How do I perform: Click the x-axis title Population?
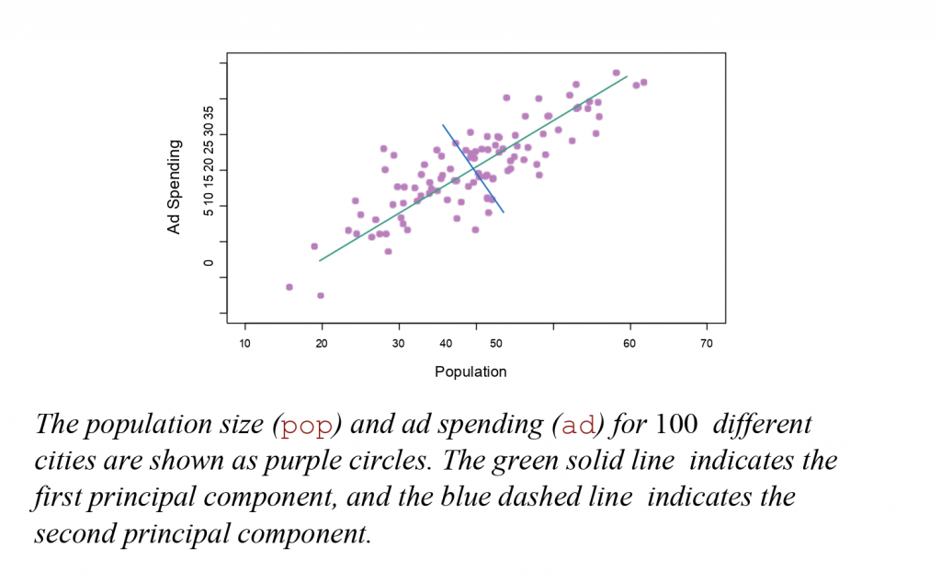point(470,372)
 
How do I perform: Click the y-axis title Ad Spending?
point(174,187)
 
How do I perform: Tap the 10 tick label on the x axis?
point(244,344)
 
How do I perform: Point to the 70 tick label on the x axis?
point(707,344)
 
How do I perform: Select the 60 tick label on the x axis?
point(629,344)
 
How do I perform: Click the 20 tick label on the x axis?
point(322,344)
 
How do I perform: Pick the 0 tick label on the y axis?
point(208,262)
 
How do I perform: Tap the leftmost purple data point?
point(289,287)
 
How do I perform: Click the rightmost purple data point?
point(643,82)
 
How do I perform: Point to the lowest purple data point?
point(321,295)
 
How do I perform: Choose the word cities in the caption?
point(63,462)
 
